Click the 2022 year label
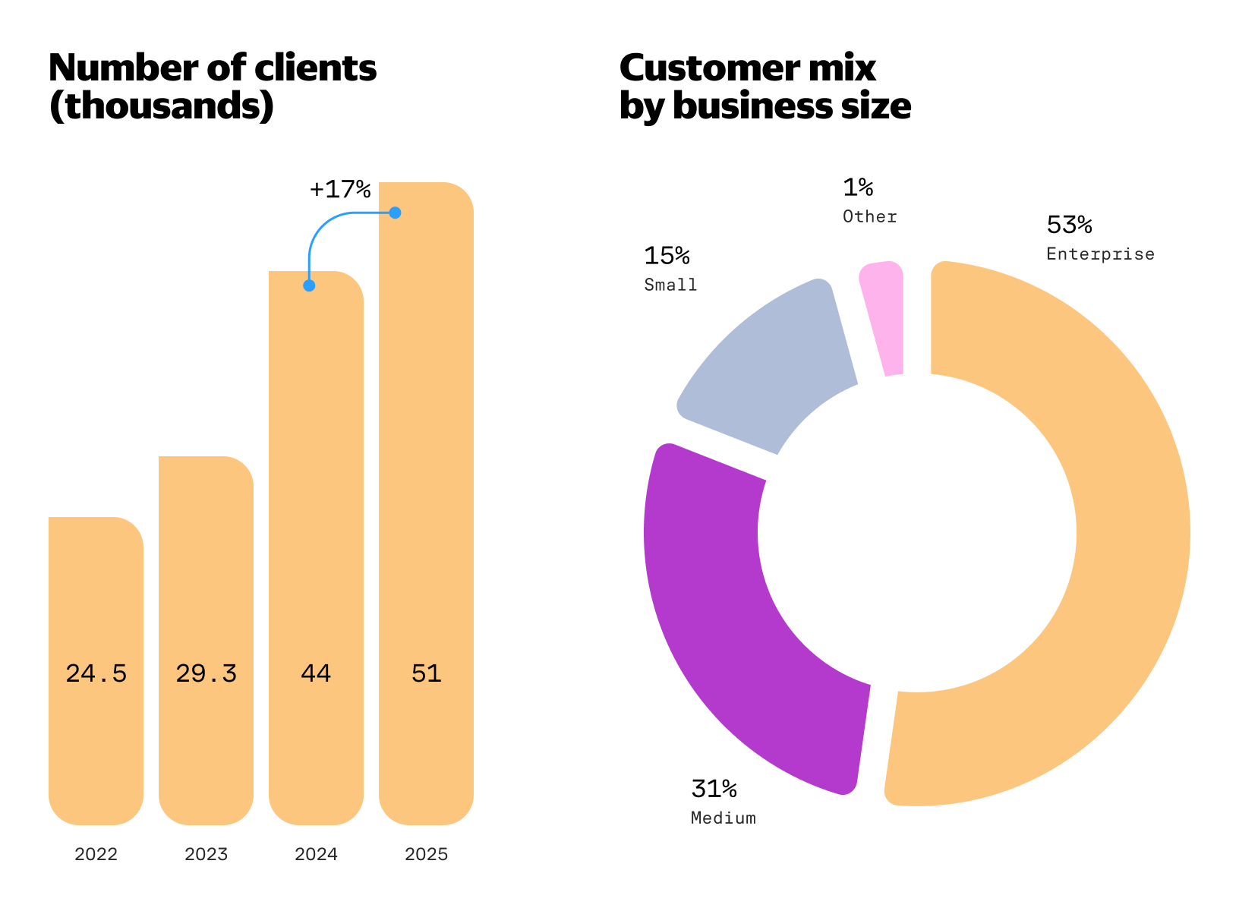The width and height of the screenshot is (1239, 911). [96, 854]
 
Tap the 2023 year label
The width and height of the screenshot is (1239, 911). [206, 854]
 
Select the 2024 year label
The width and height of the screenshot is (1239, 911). [316, 854]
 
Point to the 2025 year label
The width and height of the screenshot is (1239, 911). [426, 854]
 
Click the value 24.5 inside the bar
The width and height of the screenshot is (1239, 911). [96, 673]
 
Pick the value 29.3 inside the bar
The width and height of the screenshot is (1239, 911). [206, 673]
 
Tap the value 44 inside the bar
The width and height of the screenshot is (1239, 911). [316, 673]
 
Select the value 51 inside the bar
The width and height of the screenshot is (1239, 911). [426, 673]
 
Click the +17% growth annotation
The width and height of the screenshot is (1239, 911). [339, 189]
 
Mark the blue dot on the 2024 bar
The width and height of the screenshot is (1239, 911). [309, 285]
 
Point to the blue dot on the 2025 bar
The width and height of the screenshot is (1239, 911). [395, 213]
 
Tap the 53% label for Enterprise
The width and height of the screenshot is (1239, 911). [1069, 225]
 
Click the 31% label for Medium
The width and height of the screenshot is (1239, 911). [714, 790]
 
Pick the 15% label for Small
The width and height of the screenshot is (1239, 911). [667, 257]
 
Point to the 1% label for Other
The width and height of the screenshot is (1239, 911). [858, 188]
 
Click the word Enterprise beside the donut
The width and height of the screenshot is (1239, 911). [1100, 254]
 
